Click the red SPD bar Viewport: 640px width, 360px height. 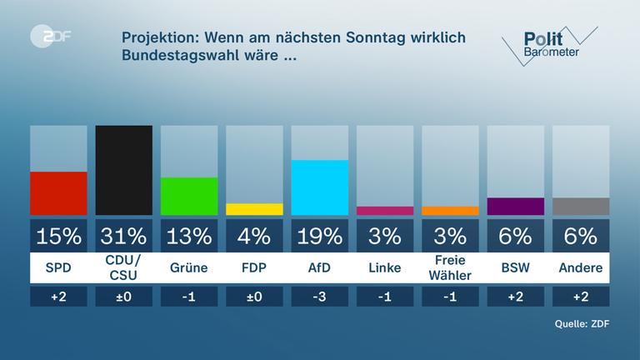[x=58, y=193]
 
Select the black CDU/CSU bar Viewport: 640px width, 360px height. [x=124, y=170]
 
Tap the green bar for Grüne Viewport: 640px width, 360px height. [x=189, y=196]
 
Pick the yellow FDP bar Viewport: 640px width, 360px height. [x=254, y=209]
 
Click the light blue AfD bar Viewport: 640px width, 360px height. [x=319, y=187]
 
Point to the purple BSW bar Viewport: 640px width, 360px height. [x=515, y=206]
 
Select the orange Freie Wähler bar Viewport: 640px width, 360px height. [x=450, y=211]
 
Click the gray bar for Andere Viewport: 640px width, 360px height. [x=581, y=206]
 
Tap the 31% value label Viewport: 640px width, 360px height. [x=124, y=236]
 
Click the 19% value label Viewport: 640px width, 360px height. [x=319, y=236]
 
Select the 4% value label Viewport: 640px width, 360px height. [x=254, y=236]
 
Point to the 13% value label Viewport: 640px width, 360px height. [x=189, y=236]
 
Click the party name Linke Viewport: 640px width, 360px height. [x=384, y=267]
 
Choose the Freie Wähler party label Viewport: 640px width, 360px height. [x=450, y=267]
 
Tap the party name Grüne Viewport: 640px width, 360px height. [x=189, y=267]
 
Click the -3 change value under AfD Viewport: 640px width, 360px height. [x=319, y=297]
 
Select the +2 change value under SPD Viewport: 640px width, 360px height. [x=58, y=297]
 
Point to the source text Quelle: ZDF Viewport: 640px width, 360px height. [x=580, y=324]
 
